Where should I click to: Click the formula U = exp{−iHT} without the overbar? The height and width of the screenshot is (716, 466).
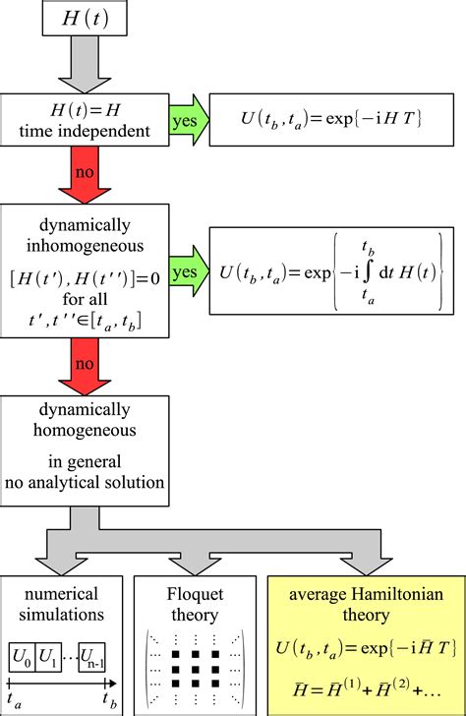[329, 120]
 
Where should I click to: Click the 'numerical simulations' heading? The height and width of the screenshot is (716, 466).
[62, 600]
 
